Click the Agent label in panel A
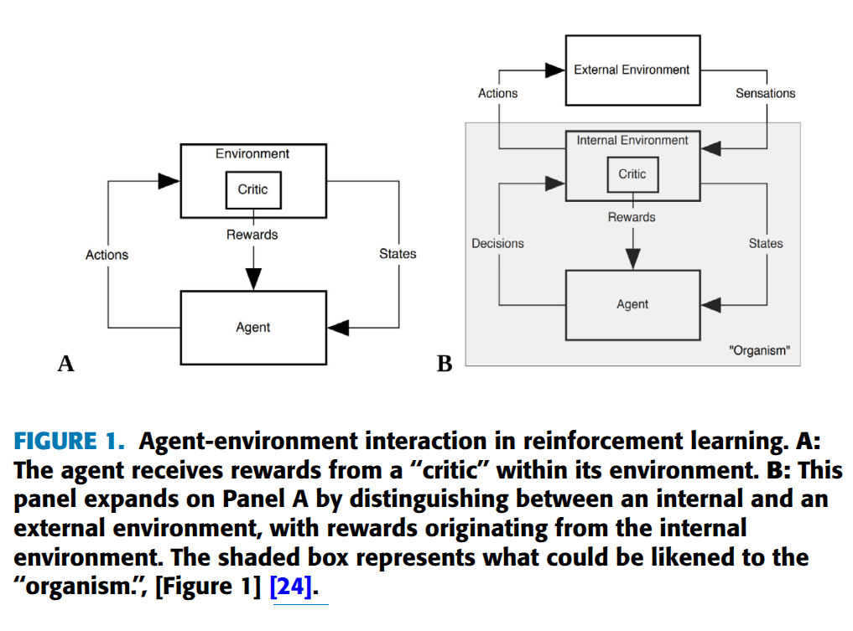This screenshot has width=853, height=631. (253, 327)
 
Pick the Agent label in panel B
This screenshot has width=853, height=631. (632, 304)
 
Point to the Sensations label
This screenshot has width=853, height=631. (766, 93)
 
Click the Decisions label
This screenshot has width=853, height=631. (497, 244)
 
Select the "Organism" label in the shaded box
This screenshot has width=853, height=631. (759, 350)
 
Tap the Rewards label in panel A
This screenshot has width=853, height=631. (252, 235)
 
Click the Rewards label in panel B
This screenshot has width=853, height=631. (632, 217)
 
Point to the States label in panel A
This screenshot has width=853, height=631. (398, 254)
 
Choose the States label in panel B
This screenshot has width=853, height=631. (766, 244)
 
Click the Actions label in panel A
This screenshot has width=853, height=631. (107, 255)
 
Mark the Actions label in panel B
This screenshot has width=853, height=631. (497, 94)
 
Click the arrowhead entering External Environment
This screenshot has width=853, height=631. (555, 70)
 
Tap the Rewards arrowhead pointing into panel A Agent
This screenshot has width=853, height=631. (253, 279)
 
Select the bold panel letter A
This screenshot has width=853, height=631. (65, 364)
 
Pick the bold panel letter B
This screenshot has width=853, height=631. (445, 364)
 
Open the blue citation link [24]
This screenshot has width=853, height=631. (292, 587)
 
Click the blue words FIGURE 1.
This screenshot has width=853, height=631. (69, 441)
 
